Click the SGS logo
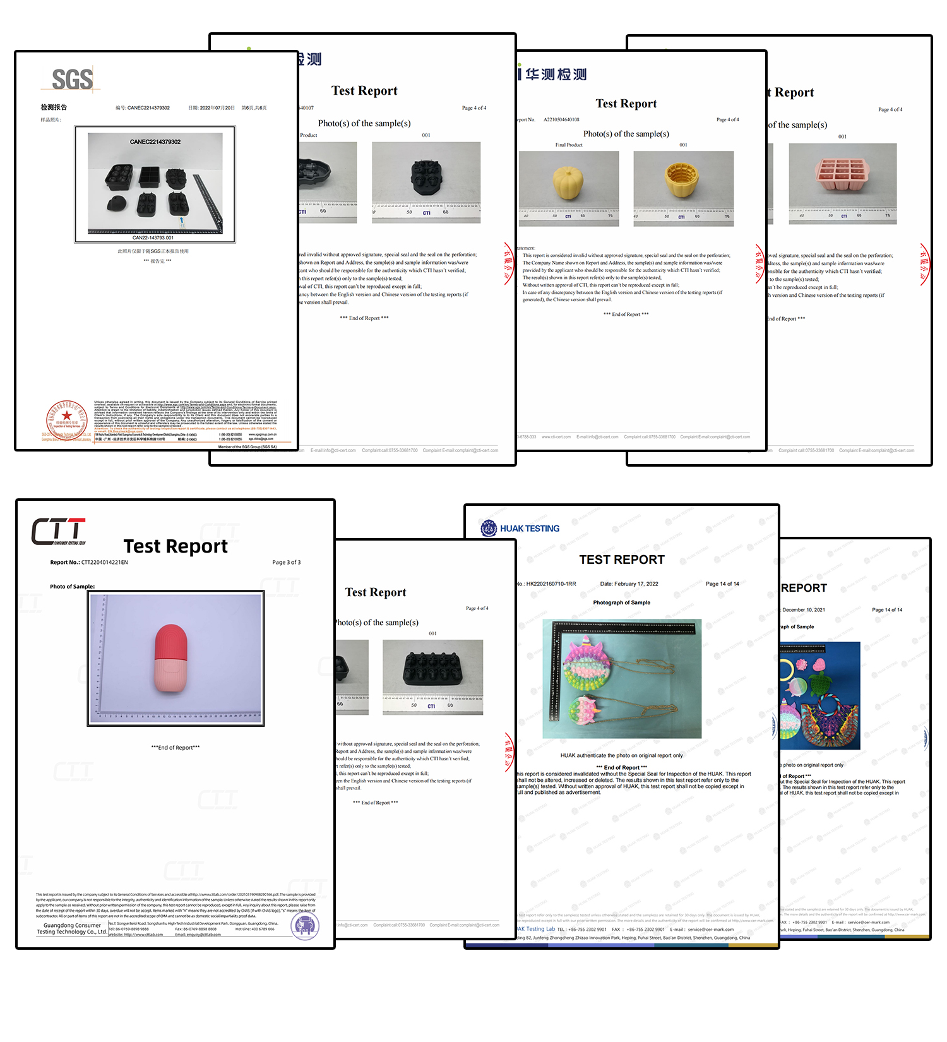click(72, 80)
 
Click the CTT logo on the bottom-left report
click(59, 531)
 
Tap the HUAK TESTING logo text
click(529, 529)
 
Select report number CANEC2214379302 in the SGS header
click(148, 108)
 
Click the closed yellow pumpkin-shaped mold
click(569, 183)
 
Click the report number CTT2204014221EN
click(104, 562)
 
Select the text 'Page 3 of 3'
click(287, 562)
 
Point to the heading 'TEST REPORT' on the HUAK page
click(622, 560)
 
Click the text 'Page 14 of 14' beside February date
click(722, 584)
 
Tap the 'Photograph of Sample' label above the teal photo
click(621, 602)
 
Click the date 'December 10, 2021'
click(804, 610)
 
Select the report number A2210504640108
click(561, 119)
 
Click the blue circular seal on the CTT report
click(305, 926)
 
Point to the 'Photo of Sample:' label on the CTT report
click(73, 587)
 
